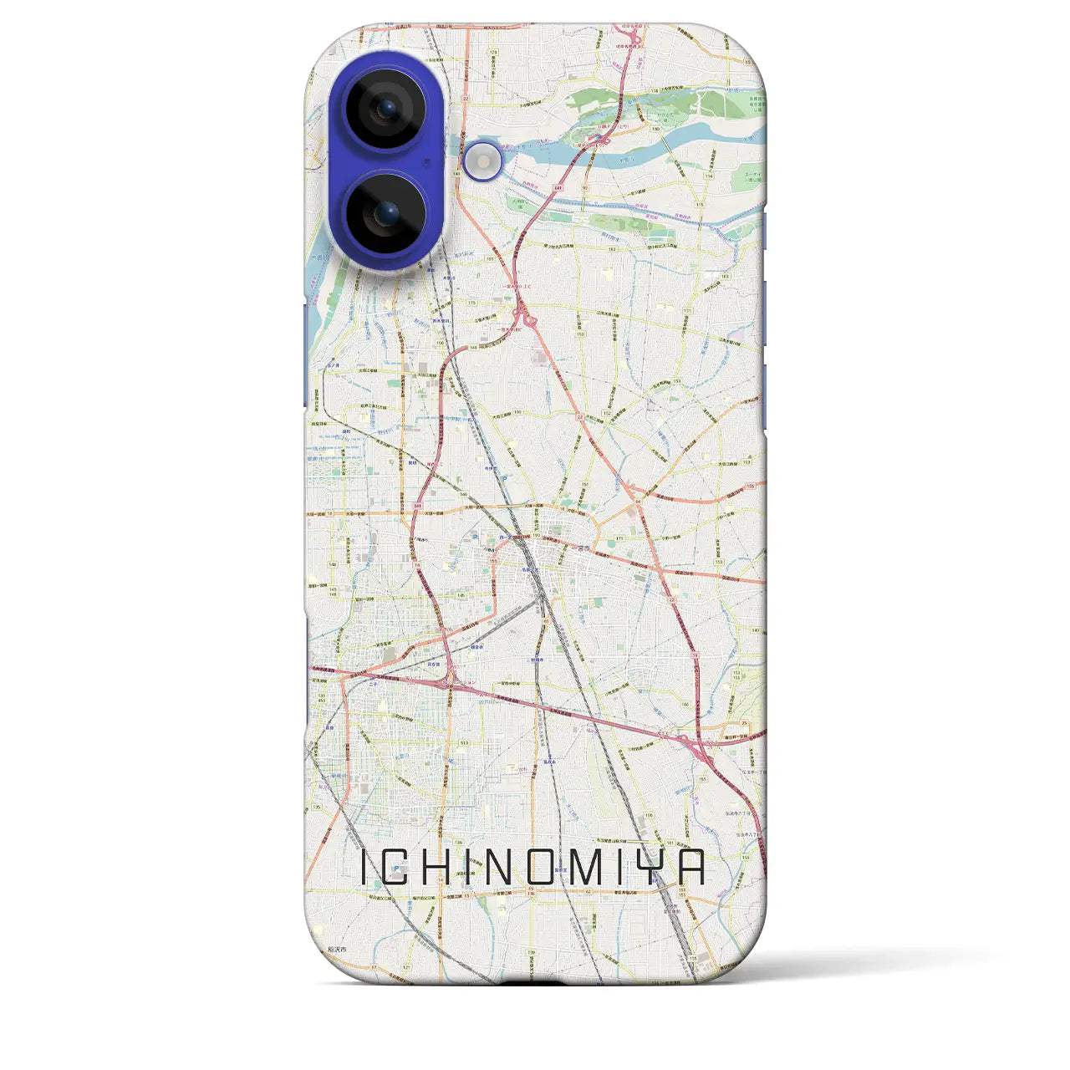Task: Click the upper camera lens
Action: tap(385, 110)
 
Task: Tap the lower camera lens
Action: tap(385, 213)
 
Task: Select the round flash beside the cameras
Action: tap(483, 160)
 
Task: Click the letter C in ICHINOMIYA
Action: tap(397, 869)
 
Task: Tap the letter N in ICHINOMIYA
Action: tap(497, 869)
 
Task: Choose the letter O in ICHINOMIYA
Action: tap(541, 869)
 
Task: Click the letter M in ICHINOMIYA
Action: tap(588, 869)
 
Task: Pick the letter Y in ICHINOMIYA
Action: tap(655, 869)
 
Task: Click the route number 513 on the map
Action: tap(463, 742)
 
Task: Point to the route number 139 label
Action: tap(530, 953)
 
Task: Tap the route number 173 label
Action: tap(492, 52)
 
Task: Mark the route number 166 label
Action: tap(685, 705)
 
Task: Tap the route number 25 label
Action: tap(744, 723)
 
